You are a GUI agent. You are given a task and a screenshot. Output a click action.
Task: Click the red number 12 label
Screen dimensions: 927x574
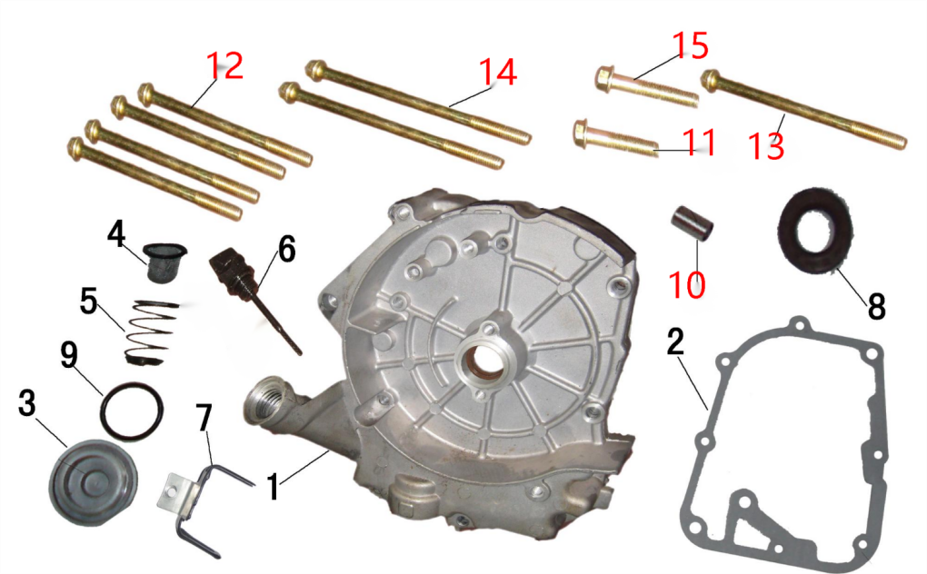tap(224, 66)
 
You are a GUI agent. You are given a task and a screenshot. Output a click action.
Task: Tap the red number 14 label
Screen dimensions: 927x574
tap(498, 72)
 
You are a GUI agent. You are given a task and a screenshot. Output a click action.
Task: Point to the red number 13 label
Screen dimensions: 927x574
tap(766, 146)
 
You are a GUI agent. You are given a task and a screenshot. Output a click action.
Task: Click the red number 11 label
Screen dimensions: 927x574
tap(700, 143)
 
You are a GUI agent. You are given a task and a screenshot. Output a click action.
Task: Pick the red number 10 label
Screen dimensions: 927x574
tap(687, 284)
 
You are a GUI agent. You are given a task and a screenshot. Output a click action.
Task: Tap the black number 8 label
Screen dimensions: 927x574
tap(877, 306)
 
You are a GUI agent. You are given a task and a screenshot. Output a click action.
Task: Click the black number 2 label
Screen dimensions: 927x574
tap(676, 341)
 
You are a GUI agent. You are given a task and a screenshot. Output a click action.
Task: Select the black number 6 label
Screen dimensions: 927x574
tap(286, 249)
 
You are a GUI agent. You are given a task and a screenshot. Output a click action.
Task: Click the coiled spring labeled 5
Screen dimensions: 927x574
tap(153, 332)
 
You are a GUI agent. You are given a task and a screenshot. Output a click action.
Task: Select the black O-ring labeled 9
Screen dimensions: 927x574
tap(132, 411)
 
